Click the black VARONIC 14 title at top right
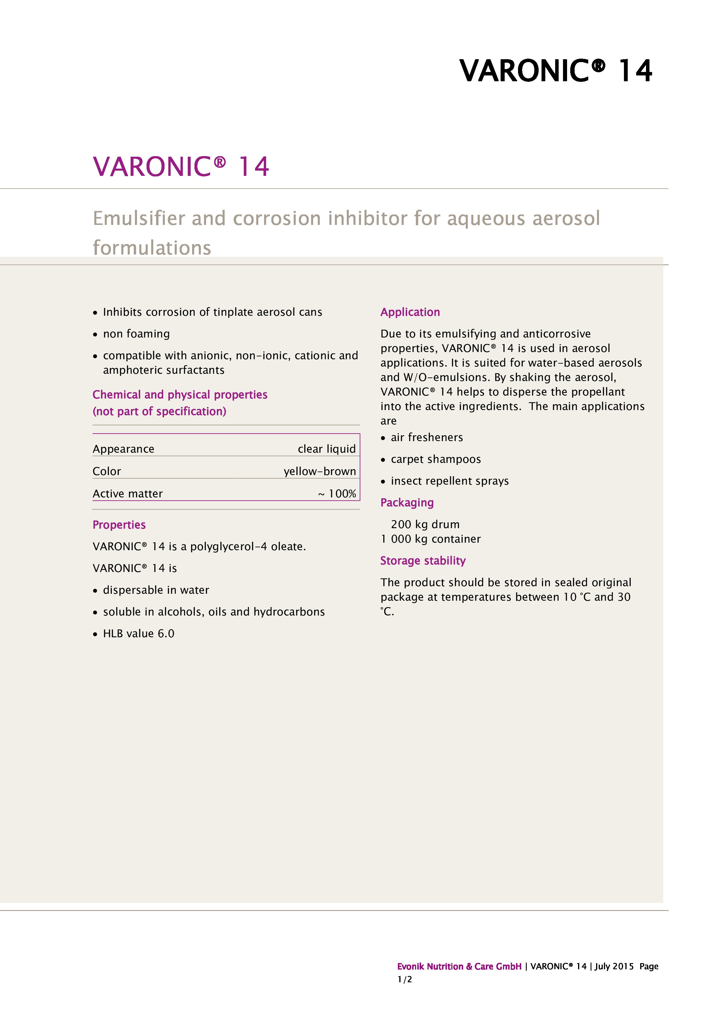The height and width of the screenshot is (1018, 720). (555, 71)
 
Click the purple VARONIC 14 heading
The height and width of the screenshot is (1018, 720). (181, 167)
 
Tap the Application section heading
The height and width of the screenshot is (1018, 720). (410, 312)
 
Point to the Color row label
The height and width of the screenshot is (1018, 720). (107, 471)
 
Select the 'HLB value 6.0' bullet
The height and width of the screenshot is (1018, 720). (138, 633)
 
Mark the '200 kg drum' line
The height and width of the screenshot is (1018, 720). (425, 524)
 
